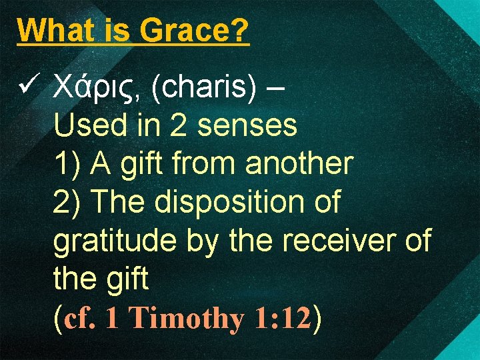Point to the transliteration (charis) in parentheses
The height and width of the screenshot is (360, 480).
(204, 88)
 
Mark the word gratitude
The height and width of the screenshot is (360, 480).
(107, 241)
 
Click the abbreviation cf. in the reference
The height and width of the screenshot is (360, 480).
(80, 319)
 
